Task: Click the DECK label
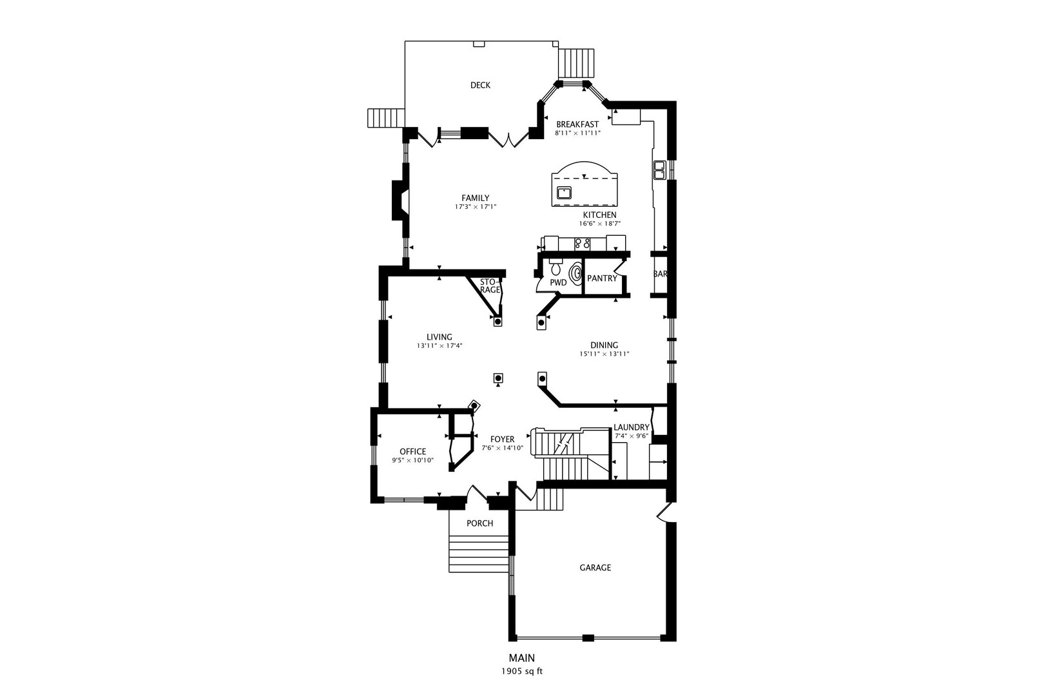pyautogui.click(x=480, y=85)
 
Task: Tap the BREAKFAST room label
pyautogui.click(x=577, y=124)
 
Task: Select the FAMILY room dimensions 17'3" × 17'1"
pyautogui.click(x=476, y=207)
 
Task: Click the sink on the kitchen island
pyautogui.click(x=565, y=191)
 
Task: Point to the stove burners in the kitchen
pyautogui.click(x=583, y=244)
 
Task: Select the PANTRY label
pyautogui.click(x=602, y=278)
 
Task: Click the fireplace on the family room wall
pyautogui.click(x=399, y=201)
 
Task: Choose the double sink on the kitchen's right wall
pyautogui.click(x=659, y=170)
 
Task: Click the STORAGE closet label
pyautogui.click(x=490, y=286)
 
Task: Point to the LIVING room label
pyautogui.click(x=440, y=337)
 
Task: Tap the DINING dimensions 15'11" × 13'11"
pyautogui.click(x=604, y=354)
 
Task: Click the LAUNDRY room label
pyautogui.click(x=631, y=427)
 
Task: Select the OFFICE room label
pyautogui.click(x=412, y=451)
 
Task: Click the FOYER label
pyautogui.click(x=502, y=440)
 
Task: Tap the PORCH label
pyautogui.click(x=479, y=523)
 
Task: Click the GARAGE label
pyautogui.click(x=595, y=568)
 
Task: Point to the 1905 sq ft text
pyautogui.click(x=522, y=671)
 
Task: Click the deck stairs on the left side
pyautogui.click(x=385, y=118)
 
